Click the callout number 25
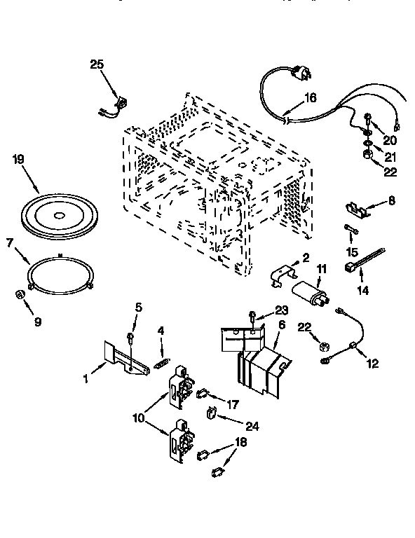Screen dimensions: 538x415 [97, 64]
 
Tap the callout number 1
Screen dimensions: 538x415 [86, 379]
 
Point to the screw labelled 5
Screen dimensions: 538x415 [132, 340]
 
